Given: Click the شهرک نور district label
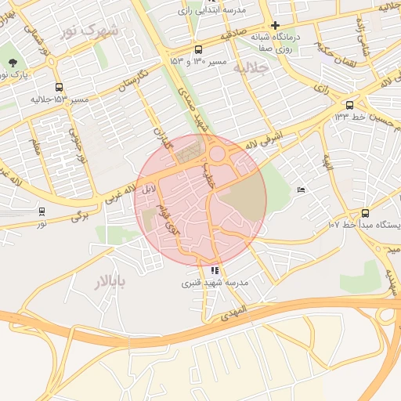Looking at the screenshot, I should (x=88, y=31).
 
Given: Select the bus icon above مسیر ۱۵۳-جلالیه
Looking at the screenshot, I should (x=59, y=88).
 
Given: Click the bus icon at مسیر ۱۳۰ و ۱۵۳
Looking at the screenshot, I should (x=198, y=48).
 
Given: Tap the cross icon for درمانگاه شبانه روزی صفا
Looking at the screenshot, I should (x=275, y=24).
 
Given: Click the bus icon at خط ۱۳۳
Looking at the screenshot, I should (x=349, y=104).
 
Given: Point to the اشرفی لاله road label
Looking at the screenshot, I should (x=262, y=139).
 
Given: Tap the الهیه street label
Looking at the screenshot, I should (x=327, y=161).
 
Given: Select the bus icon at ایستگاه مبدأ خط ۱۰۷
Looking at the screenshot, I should (x=365, y=212).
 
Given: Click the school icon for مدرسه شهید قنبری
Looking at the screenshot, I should (x=215, y=271).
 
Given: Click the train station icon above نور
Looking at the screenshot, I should (x=42, y=211).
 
